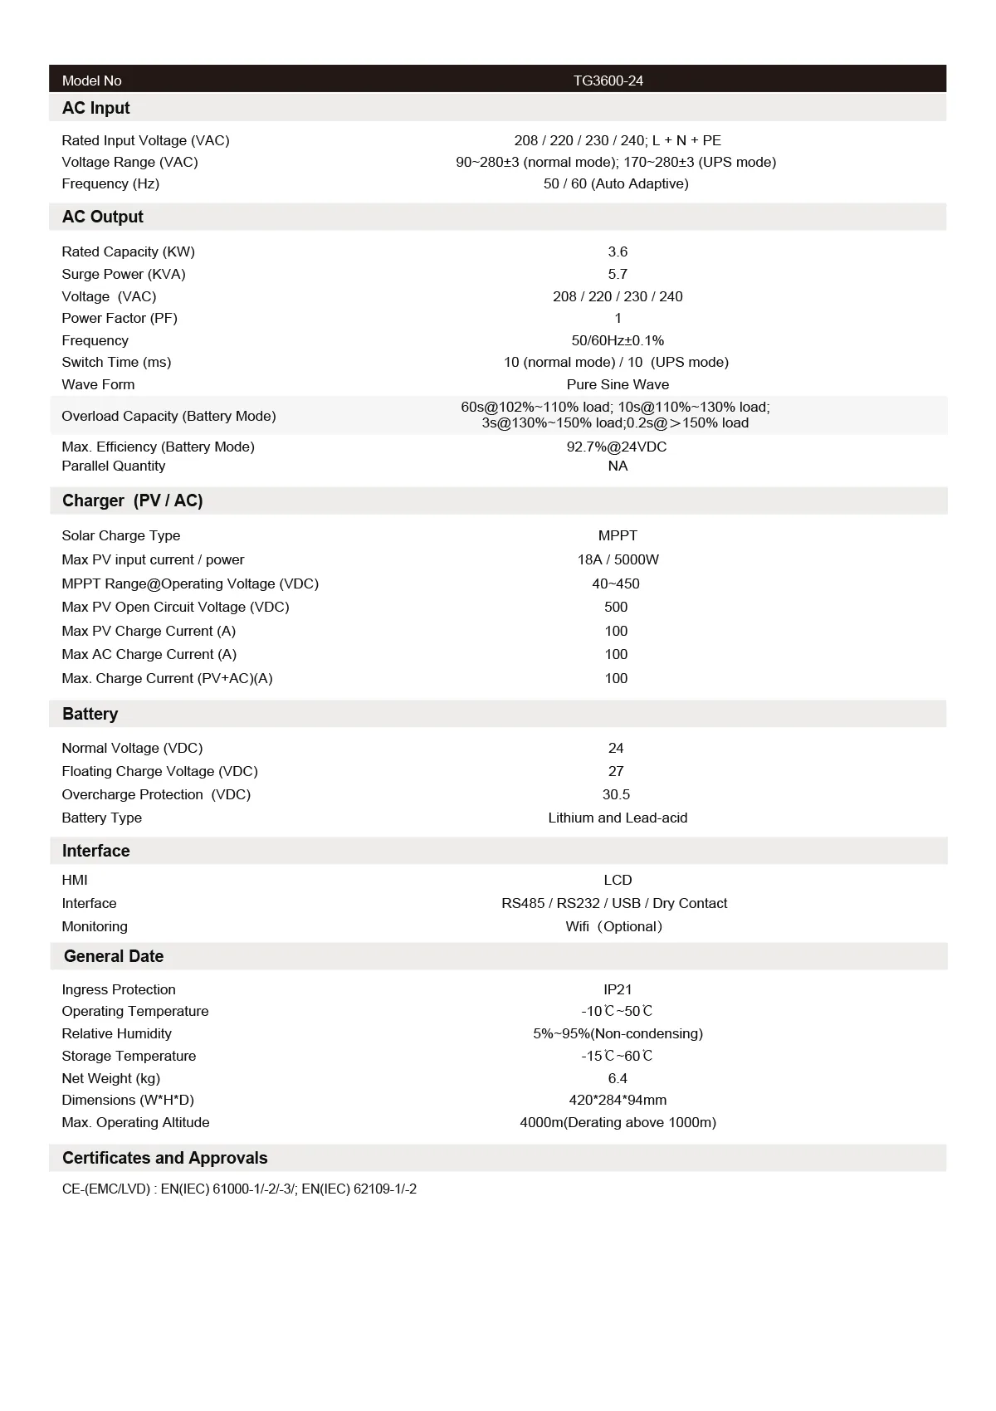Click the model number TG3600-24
tap(608, 81)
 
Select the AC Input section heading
tap(96, 108)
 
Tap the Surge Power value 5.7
tap(618, 274)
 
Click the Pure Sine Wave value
tap(618, 384)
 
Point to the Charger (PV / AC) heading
tap(132, 500)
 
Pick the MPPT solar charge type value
tap(618, 535)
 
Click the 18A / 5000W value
tap(618, 559)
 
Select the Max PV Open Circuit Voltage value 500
tap(616, 607)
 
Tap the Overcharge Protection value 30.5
tap(616, 794)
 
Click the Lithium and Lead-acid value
tap(618, 818)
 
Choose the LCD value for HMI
tap(618, 880)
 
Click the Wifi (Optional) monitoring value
tap(614, 926)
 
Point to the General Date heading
tap(114, 956)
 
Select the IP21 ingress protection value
tap(618, 989)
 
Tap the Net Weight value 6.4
tap(618, 1078)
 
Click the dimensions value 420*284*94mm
tap(618, 1100)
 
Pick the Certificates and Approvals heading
tap(164, 1158)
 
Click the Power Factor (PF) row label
tap(120, 318)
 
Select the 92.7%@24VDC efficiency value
tap(616, 447)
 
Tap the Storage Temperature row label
tap(129, 1056)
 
